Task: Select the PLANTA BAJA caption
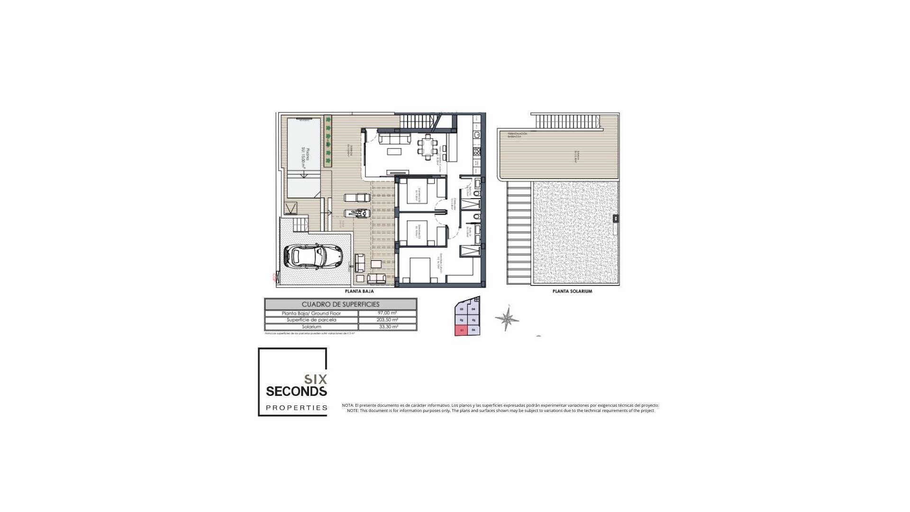pyautogui.click(x=359, y=292)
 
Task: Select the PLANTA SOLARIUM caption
pyautogui.click(x=572, y=292)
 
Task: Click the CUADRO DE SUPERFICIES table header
pyautogui.click(x=340, y=304)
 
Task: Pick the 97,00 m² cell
pyautogui.click(x=387, y=313)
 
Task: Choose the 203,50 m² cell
pyautogui.click(x=387, y=320)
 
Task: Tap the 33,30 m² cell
pyautogui.click(x=387, y=327)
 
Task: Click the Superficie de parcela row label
pyautogui.click(x=311, y=320)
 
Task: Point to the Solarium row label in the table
pyautogui.click(x=311, y=327)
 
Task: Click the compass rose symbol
pyautogui.click(x=507, y=319)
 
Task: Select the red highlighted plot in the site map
pyautogui.click(x=461, y=330)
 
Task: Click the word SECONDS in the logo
pyautogui.click(x=296, y=391)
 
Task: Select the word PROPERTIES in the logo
pyautogui.click(x=297, y=408)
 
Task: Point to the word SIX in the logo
pyautogui.click(x=315, y=379)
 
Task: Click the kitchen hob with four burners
pyautogui.click(x=477, y=152)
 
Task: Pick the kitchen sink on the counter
pyautogui.click(x=477, y=135)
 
